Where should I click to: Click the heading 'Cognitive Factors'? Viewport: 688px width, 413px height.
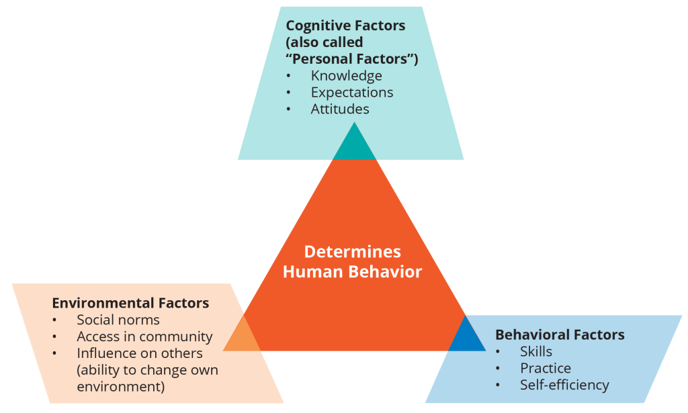pyautogui.click(x=345, y=26)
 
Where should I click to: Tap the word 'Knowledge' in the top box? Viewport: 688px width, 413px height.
pyautogui.click(x=346, y=76)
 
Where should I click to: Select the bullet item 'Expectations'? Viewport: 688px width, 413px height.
pyautogui.click(x=352, y=93)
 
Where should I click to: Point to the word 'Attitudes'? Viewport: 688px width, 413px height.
pyautogui.click(x=340, y=109)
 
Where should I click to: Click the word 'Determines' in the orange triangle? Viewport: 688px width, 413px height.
pyautogui.click(x=352, y=252)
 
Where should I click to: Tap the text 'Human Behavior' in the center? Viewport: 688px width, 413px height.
pyautogui.click(x=352, y=272)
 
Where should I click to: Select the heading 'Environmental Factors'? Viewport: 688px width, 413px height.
pyautogui.click(x=130, y=303)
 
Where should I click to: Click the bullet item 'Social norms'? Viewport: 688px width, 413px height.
pyautogui.click(x=118, y=320)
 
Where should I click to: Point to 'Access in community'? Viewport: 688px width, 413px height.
pyautogui.click(x=145, y=336)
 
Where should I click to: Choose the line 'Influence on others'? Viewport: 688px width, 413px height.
pyautogui.click(x=140, y=353)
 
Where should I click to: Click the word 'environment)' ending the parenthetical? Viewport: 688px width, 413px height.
pyautogui.click(x=121, y=387)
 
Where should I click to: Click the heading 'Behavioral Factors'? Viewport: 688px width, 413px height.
pyautogui.click(x=560, y=335)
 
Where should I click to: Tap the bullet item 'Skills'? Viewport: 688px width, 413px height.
pyautogui.click(x=535, y=352)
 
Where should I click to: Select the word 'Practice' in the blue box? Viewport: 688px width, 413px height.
pyautogui.click(x=546, y=368)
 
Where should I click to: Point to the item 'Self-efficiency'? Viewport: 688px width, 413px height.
pyautogui.click(x=564, y=385)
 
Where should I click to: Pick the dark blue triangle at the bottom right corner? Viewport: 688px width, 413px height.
pyautogui.click(x=466, y=338)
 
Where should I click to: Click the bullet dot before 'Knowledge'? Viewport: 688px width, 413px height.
pyautogui.click(x=288, y=77)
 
